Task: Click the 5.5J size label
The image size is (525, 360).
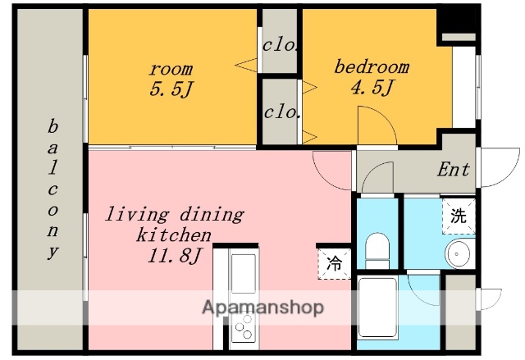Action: (x=171, y=89)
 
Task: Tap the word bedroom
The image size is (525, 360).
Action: (x=372, y=66)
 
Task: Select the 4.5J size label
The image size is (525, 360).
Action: (x=372, y=87)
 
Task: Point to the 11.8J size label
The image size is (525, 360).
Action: (x=174, y=256)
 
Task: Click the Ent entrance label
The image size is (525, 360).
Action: (x=454, y=169)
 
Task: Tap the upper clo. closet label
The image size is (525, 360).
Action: (x=280, y=45)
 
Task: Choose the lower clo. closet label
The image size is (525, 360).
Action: (x=281, y=112)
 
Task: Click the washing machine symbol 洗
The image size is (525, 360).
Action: (x=459, y=216)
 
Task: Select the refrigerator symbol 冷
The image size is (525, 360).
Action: (x=334, y=263)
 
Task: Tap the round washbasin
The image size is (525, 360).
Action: (x=457, y=253)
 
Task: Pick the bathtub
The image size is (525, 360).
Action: (x=377, y=308)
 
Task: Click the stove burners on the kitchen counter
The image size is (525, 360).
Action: (x=244, y=326)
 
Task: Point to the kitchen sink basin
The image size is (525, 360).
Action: (x=244, y=273)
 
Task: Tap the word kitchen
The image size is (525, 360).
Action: (x=174, y=235)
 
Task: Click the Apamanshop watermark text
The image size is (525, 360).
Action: (x=263, y=308)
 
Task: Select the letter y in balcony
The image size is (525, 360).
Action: (x=52, y=252)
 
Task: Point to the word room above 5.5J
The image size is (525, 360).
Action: (x=171, y=69)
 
